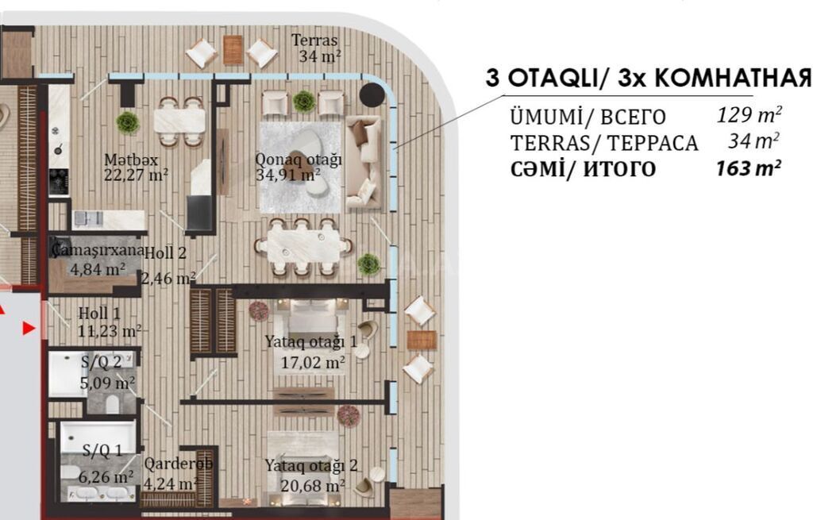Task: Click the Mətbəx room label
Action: [x=131, y=159]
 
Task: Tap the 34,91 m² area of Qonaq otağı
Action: [x=287, y=175]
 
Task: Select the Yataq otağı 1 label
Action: [x=311, y=341]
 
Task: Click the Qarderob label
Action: [x=179, y=463]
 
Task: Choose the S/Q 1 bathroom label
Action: [x=102, y=450]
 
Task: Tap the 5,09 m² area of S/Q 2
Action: [x=108, y=383]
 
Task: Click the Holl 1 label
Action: [x=99, y=313]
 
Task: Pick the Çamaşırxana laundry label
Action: [x=98, y=250]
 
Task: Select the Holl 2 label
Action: [x=165, y=253]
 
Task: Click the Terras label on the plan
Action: [x=314, y=40]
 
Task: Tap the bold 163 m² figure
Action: [x=748, y=168]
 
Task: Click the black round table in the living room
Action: [x=372, y=95]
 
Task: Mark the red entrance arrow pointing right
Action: [x=29, y=328]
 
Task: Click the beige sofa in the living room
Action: [x=364, y=162]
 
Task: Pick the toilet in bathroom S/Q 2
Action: [x=113, y=403]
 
